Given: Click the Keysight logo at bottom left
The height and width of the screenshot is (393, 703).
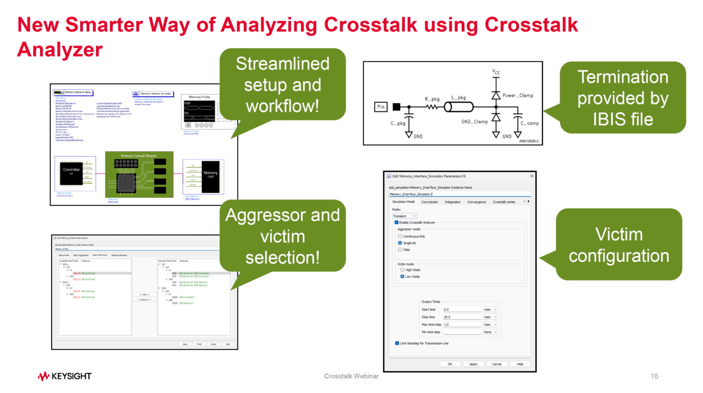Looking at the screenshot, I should click(65, 376).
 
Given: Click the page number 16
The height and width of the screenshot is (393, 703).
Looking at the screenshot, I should click(654, 376).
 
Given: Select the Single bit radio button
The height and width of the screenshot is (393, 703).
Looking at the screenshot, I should click(400, 243).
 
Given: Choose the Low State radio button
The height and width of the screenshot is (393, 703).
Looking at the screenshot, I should click(402, 277).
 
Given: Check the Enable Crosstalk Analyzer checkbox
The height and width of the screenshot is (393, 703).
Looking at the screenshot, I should click(396, 223).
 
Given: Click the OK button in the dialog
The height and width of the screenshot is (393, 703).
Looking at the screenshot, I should click(450, 364).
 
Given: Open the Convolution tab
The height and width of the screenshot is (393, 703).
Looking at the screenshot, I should click(429, 202).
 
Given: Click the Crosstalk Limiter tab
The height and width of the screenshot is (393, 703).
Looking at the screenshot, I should click(503, 202).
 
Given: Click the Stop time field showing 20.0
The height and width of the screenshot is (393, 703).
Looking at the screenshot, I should click(461, 317).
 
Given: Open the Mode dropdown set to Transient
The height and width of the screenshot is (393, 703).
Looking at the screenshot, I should click(404, 216).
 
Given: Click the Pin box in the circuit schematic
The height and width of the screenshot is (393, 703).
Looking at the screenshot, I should click(381, 107).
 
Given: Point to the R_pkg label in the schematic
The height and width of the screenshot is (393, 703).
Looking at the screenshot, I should click(432, 99).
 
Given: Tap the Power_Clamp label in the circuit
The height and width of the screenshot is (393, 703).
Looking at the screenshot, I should click(518, 96).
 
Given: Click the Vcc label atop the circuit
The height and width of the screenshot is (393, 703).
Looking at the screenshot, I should click(496, 72).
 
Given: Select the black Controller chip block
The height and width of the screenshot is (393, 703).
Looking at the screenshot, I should click(71, 173).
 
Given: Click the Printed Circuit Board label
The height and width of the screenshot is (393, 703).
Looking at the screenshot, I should click(138, 156).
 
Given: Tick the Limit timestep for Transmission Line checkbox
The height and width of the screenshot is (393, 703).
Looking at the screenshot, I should click(397, 343).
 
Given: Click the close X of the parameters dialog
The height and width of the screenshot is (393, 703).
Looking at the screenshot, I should click(531, 176).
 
